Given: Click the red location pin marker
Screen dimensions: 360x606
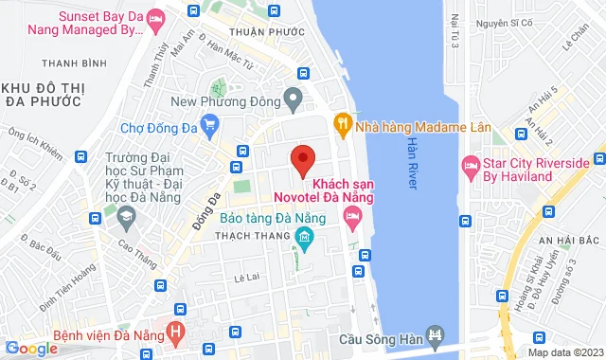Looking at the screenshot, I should [x=302, y=160].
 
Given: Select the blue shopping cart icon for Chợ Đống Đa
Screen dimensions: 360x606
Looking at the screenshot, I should [x=209, y=122].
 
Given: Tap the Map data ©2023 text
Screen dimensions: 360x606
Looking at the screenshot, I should [x=564, y=352].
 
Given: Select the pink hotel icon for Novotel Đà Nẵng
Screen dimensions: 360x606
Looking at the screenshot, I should [x=352, y=220].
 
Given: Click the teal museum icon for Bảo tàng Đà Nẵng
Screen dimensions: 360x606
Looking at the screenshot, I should [x=303, y=236].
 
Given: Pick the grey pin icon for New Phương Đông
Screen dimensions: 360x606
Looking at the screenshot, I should [x=294, y=97].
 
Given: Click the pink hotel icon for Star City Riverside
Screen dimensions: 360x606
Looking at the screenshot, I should [x=471, y=167].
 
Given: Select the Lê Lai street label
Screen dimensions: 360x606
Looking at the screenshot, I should [x=246, y=278].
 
